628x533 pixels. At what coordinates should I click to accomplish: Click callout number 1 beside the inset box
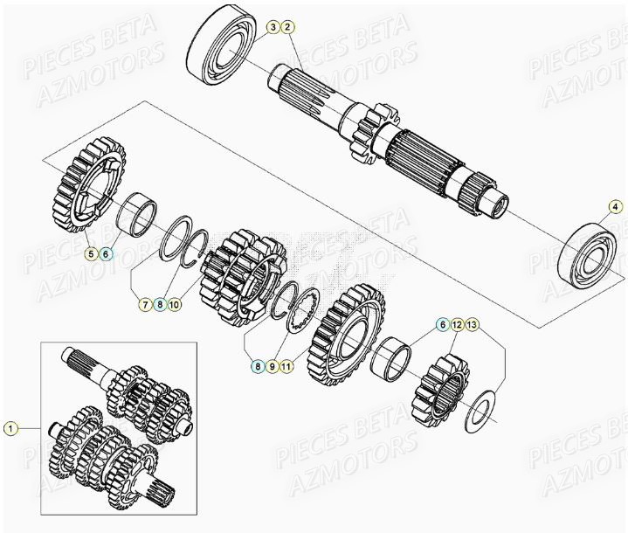point(10,428)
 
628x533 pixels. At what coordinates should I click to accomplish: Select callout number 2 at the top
point(289,28)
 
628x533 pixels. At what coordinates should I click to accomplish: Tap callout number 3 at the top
point(273,28)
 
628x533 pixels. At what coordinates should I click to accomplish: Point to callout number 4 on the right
point(615,207)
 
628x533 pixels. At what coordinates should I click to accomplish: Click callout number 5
point(90,254)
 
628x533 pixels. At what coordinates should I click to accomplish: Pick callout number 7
point(144,305)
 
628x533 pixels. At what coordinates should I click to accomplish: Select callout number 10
point(176,305)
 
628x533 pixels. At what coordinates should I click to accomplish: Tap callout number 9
point(273,367)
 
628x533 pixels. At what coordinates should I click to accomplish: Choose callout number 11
point(288,367)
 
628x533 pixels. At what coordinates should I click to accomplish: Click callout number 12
point(457,325)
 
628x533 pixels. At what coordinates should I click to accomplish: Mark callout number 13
point(473,325)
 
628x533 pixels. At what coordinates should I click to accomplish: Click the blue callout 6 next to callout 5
point(106,254)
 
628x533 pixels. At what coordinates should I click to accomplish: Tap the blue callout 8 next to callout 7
point(160,305)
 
